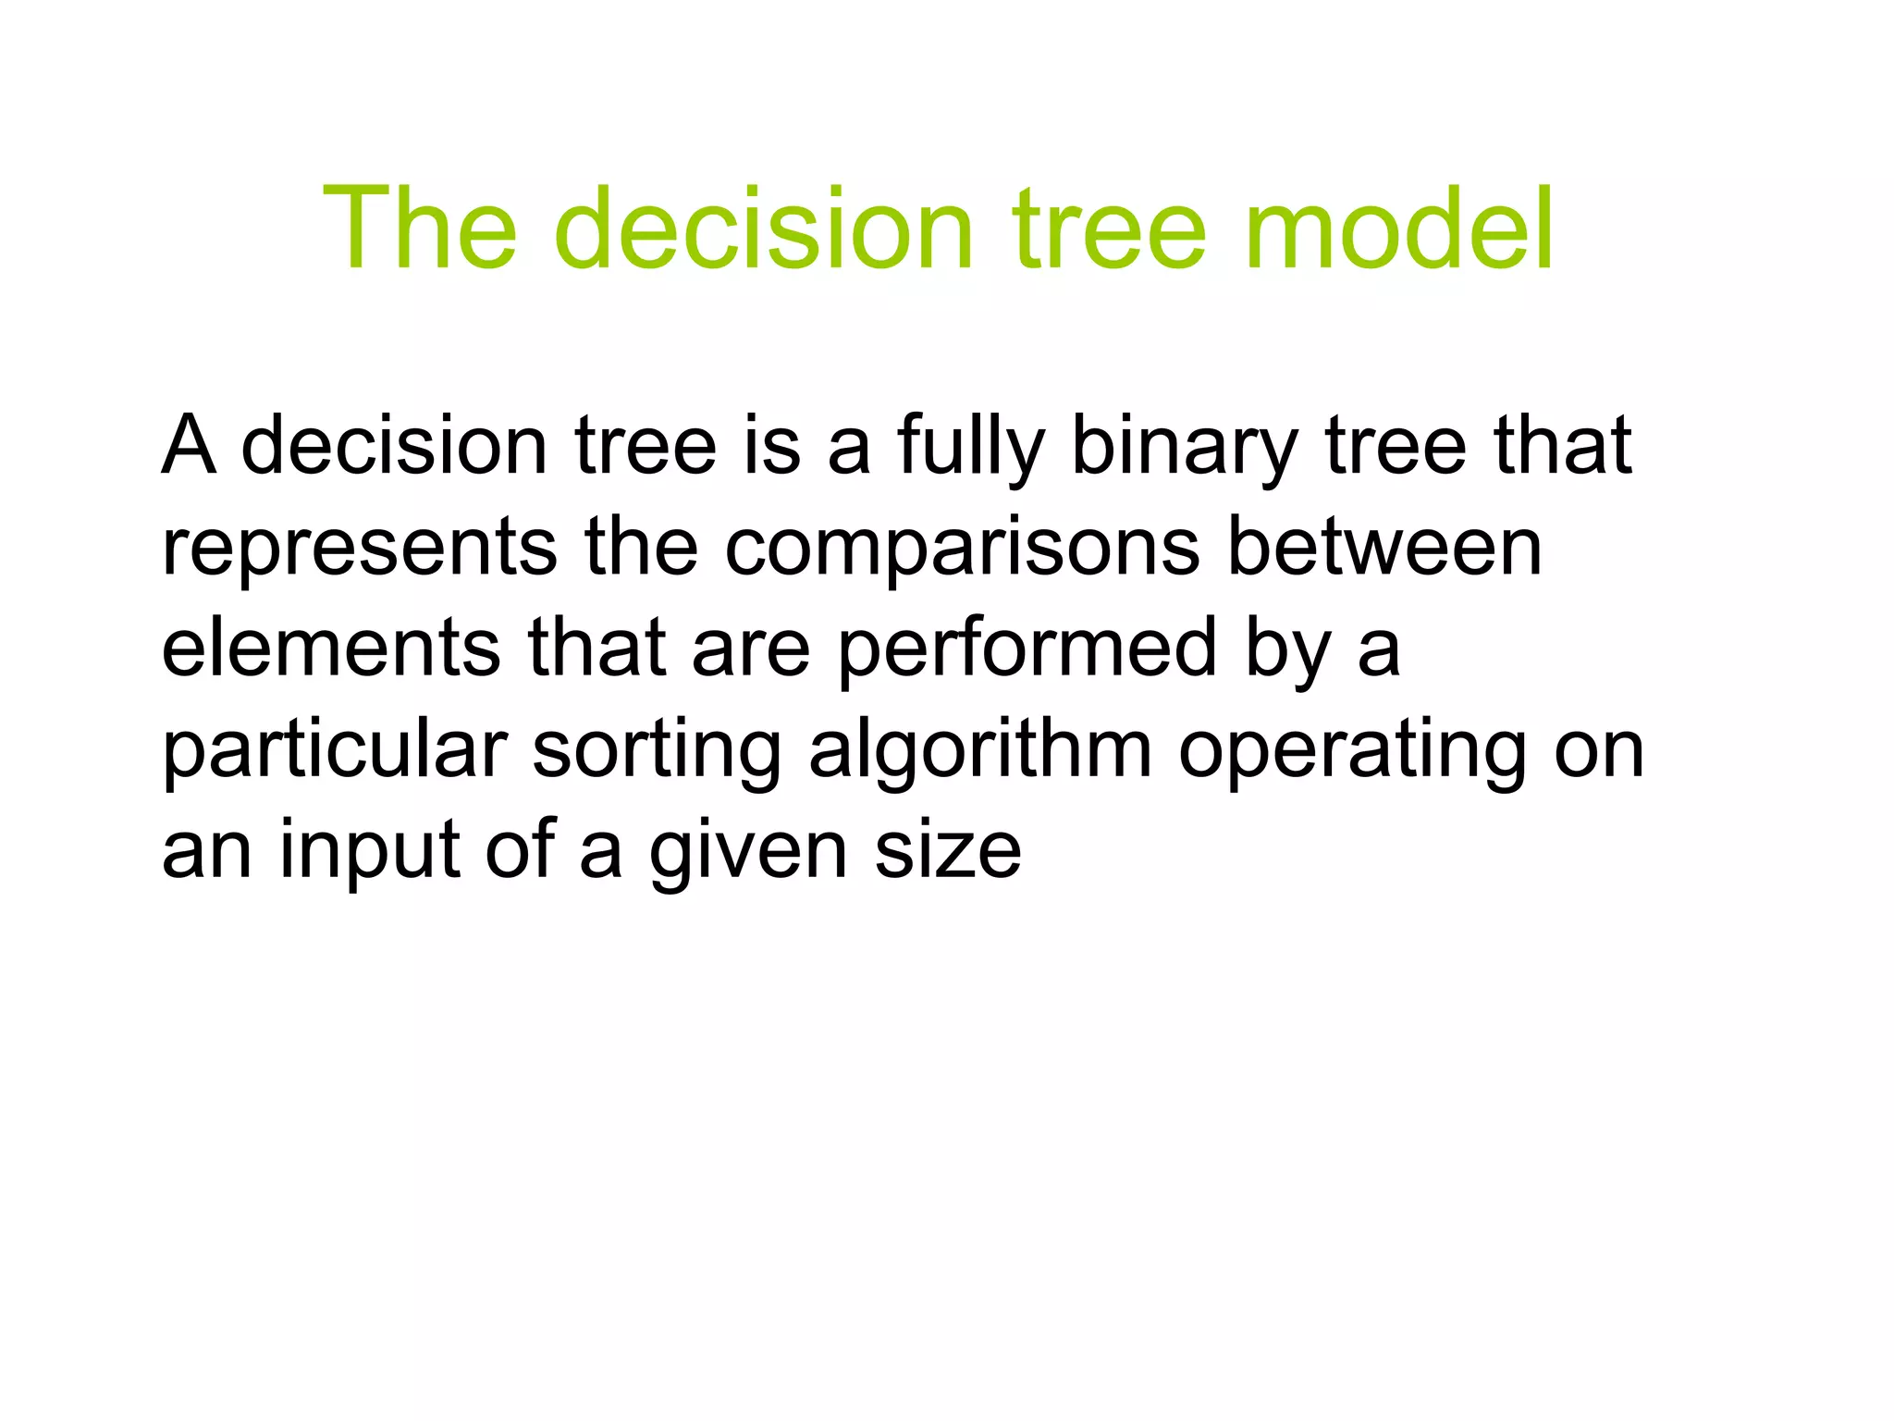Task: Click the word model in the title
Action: (1398, 229)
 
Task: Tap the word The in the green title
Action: (419, 229)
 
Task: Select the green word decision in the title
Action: (764, 229)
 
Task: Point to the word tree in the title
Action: (1109, 229)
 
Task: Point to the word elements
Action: (331, 648)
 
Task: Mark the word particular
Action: (335, 750)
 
